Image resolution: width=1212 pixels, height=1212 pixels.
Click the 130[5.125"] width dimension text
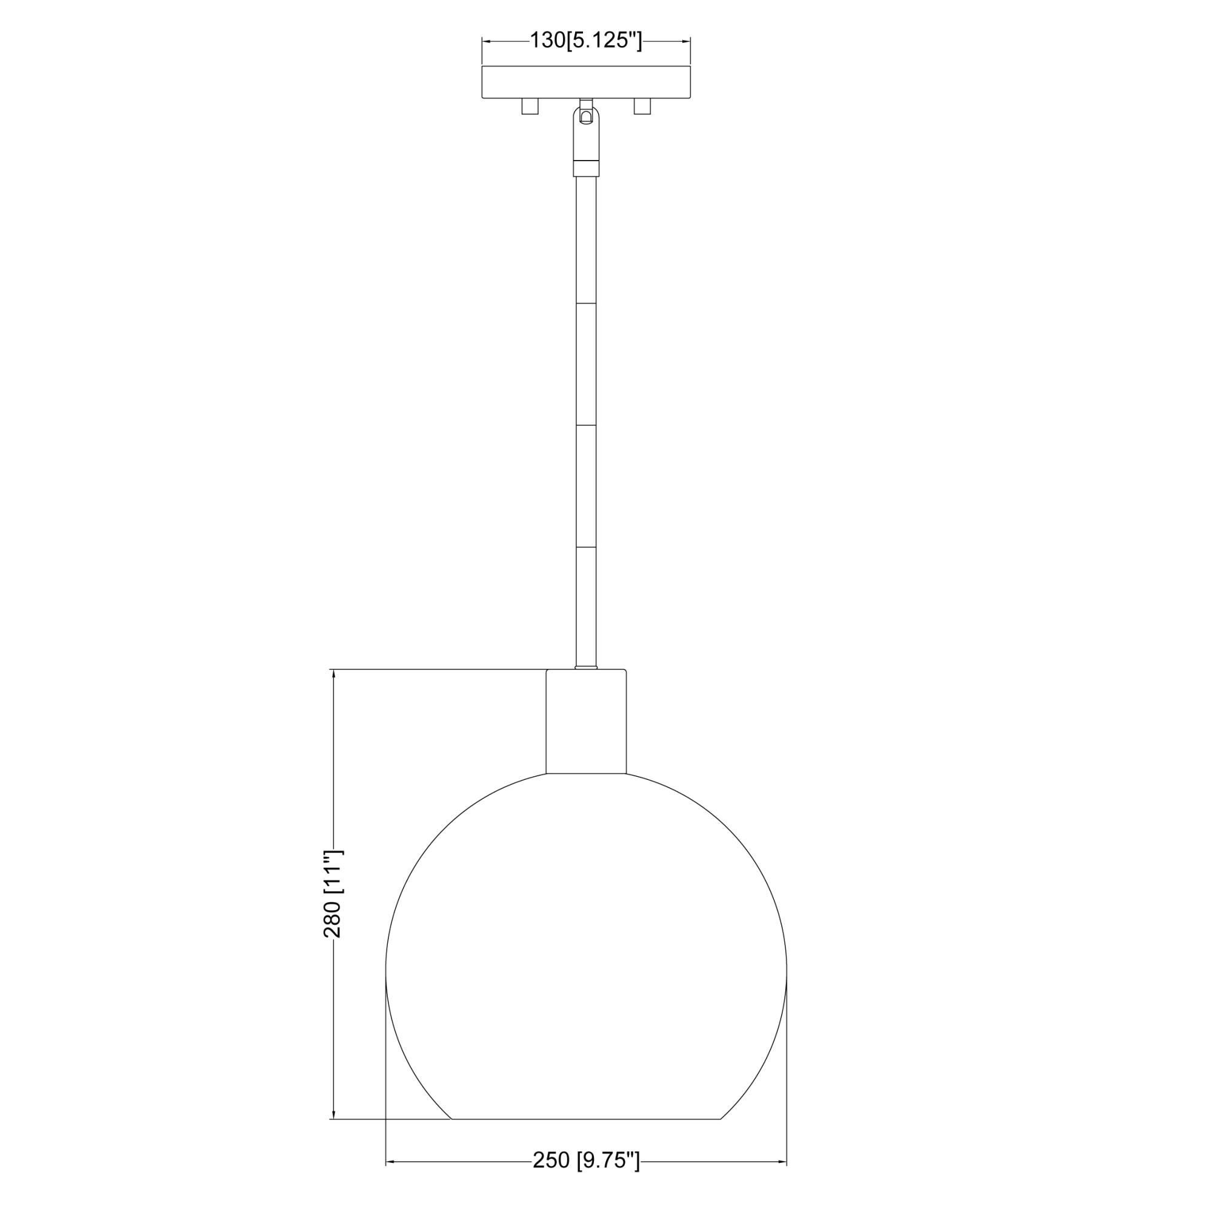[x=586, y=41]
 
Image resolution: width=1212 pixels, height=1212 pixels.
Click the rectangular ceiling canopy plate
[x=586, y=82]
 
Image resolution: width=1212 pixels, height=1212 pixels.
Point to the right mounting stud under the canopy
[x=642, y=107]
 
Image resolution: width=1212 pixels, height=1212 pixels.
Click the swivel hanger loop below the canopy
[x=586, y=118]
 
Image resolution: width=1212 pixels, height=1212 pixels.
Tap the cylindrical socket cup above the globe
[x=586, y=721]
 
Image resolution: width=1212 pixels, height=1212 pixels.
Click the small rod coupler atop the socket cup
[x=586, y=667]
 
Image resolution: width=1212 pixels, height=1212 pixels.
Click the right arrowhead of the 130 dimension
[x=688, y=41]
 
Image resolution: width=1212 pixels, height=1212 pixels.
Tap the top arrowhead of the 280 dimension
[x=334, y=674]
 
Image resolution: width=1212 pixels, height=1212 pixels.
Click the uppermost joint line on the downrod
[x=586, y=304]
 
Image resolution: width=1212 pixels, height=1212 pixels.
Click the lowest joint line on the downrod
[x=586, y=547]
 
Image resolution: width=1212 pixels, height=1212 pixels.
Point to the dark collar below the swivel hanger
[x=586, y=167]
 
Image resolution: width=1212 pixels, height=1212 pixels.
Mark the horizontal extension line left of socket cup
[x=439, y=670]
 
